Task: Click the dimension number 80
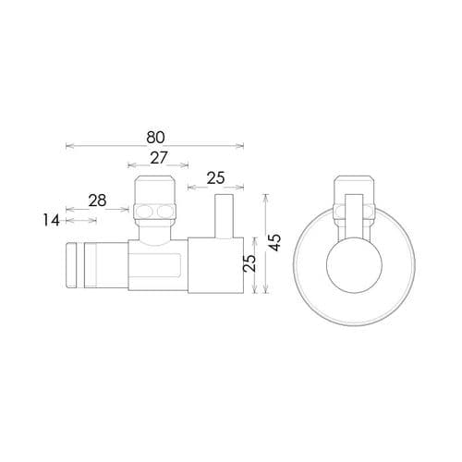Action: (155, 136)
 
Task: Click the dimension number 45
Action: (274, 242)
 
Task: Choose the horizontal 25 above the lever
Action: (216, 177)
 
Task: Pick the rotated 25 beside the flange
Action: (247, 265)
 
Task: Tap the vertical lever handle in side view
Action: (222, 215)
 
